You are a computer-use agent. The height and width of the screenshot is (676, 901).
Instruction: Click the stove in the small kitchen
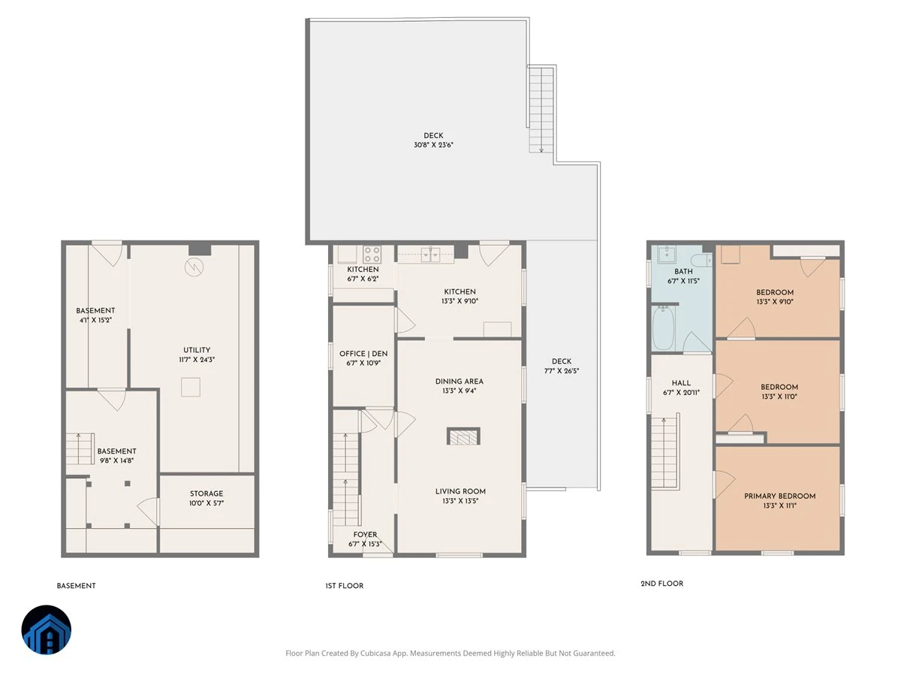click(371, 254)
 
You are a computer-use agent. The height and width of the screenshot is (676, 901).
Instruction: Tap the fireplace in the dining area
click(463, 436)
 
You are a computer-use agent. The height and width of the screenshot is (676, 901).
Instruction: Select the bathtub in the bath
click(662, 328)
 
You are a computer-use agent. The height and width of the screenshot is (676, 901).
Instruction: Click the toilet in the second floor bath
click(701, 260)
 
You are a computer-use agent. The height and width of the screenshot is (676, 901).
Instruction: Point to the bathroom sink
click(667, 254)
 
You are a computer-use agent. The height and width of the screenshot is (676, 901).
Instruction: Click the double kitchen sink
click(430, 255)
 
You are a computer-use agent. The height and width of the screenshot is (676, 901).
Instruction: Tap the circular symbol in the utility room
click(194, 267)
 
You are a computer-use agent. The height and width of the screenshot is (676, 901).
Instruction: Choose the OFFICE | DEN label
click(363, 353)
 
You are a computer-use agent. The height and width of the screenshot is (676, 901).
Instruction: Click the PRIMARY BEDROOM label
click(779, 496)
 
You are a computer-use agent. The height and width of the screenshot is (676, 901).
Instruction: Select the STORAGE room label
click(206, 493)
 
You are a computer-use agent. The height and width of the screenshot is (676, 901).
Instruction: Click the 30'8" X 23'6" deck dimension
click(433, 145)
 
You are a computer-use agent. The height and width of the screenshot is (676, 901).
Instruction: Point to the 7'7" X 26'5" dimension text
click(561, 370)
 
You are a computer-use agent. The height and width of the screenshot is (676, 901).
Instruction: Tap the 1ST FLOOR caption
click(345, 586)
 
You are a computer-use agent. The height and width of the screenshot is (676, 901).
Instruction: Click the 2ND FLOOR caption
click(661, 584)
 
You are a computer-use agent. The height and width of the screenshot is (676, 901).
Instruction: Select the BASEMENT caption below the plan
click(76, 586)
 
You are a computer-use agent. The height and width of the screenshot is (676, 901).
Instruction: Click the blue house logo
click(47, 629)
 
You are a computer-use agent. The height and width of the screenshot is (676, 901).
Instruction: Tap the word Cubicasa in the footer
click(376, 653)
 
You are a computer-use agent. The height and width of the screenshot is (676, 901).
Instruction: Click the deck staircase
click(541, 110)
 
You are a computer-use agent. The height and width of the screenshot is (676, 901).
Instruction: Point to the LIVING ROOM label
click(460, 491)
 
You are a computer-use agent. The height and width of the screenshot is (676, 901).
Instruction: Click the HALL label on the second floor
click(681, 383)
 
